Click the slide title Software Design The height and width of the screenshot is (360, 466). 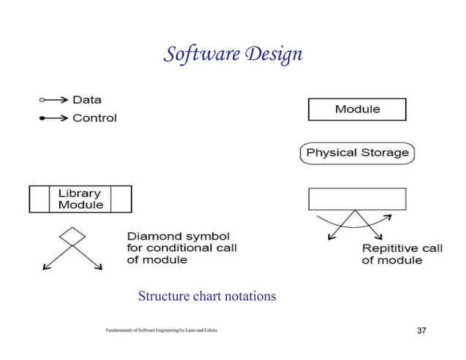(232, 54)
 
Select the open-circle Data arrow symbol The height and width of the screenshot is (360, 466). (53, 100)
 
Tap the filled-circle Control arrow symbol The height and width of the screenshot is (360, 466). (53, 118)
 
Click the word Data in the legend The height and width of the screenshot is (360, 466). (87, 100)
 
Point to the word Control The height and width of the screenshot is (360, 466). (94, 118)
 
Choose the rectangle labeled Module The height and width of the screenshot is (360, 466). (357, 109)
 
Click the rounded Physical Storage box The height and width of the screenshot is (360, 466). (357, 153)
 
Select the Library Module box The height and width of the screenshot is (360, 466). (80, 199)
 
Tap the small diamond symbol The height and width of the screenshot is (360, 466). (72, 236)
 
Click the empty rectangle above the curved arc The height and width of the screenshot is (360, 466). (357, 199)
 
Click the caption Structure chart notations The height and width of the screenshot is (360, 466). (207, 296)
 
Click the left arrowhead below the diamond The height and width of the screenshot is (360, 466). (46, 267)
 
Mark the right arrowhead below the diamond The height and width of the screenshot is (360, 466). (99, 267)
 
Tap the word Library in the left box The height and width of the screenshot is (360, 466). (80, 193)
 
